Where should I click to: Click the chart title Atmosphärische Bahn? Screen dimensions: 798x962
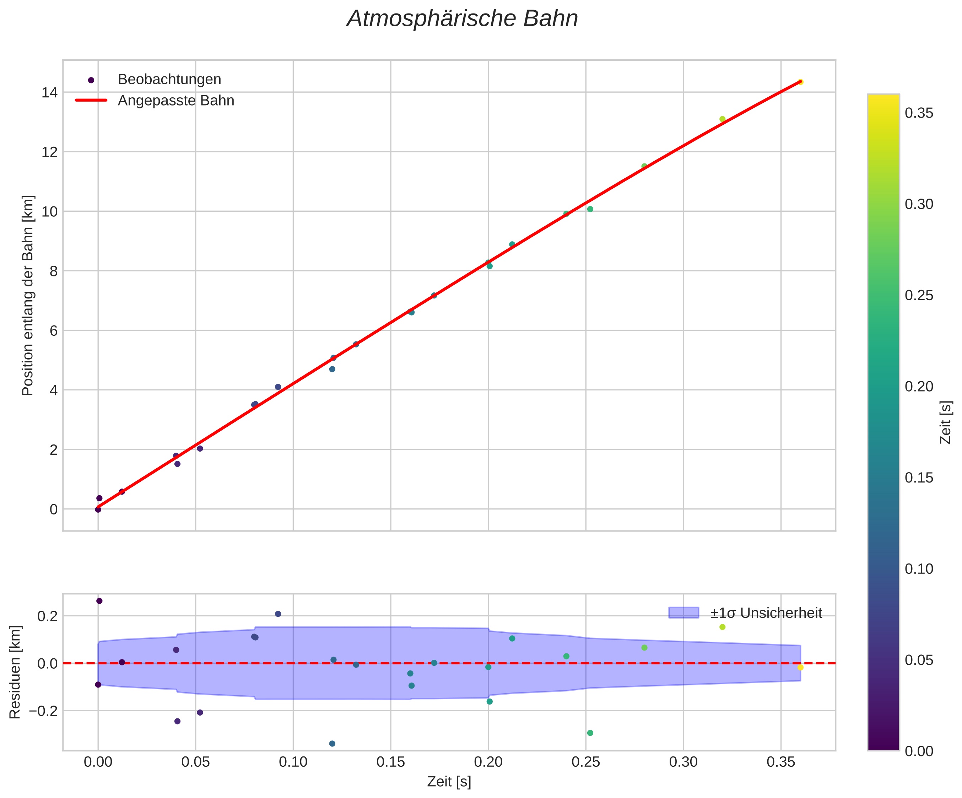click(462, 19)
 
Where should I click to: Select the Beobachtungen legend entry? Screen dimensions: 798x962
click(169, 80)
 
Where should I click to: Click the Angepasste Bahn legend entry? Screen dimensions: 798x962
click(175, 100)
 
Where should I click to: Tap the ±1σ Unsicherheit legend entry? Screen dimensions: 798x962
click(766, 613)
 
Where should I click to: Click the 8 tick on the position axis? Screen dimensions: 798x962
click(54, 271)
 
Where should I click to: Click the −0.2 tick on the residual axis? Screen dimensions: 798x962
click(44, 711)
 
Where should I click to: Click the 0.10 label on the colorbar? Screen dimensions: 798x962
click(919, 569)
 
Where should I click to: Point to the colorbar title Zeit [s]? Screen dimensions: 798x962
click(946, 422)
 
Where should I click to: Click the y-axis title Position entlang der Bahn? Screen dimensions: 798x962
click(28, 296)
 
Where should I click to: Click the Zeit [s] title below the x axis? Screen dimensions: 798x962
click(449, 782)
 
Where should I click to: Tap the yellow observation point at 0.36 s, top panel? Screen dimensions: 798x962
click(800, 82)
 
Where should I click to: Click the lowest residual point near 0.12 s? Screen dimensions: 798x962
click(332, 744)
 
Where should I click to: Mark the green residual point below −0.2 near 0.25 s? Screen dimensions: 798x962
click(590, 733)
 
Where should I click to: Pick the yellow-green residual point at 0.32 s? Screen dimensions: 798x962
click(723, 627)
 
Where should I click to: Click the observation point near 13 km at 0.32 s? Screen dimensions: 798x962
click(723, 119)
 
